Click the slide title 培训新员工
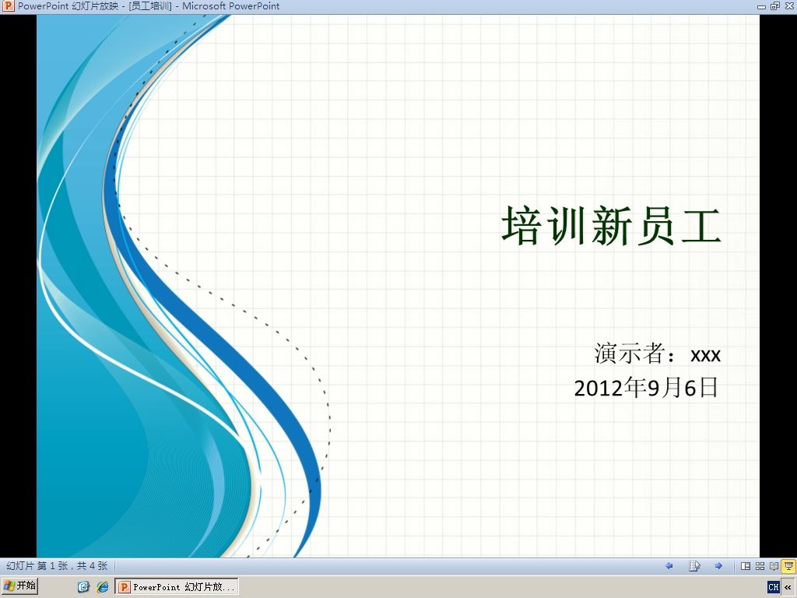click(x=612, y=226)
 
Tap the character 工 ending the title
click(x=701, y=226)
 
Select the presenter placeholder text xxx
click(x=705, y=355)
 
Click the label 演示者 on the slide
click(x=630, y=353)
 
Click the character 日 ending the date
click(x=708, y=388)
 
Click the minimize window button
click(x=761, y=6)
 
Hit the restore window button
click(x=774, y=6)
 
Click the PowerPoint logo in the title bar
click(x=8, y=6)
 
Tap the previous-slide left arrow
click(x=669, y=565)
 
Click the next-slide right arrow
click(x=718, y=565)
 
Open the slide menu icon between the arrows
click(x=694, y=565)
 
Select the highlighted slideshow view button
click(x=789, y=565)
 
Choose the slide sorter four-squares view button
click(x=760, y=566)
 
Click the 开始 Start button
click(x=19, y=586)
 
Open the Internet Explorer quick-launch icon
click(x=103, y=587)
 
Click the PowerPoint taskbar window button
click(x=177, y=587)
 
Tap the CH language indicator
click(x=773, y=587)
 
